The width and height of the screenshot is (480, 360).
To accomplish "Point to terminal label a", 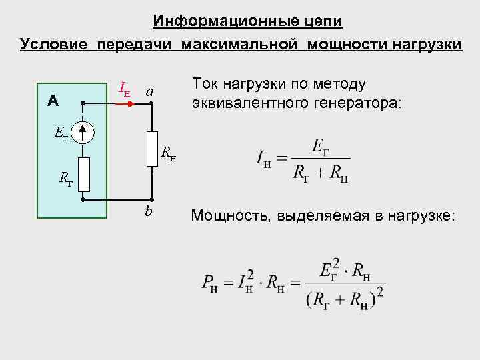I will [151, 90].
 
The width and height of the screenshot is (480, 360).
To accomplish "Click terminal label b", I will [149, 213].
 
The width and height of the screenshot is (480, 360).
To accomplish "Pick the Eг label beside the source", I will [61, 135].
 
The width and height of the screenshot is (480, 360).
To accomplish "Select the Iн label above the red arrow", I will [124, 87].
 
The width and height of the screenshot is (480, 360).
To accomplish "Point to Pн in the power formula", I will [209, 283].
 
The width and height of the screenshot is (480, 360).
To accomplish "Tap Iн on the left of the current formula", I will [264, 159].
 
